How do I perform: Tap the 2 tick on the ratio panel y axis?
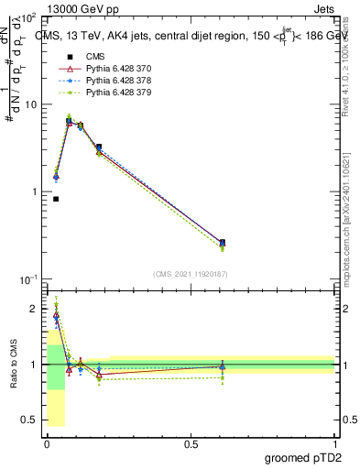38,309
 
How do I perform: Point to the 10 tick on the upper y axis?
34,104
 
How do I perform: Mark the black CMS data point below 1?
56,199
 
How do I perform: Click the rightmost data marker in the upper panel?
223,243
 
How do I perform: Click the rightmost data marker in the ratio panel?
223,367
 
